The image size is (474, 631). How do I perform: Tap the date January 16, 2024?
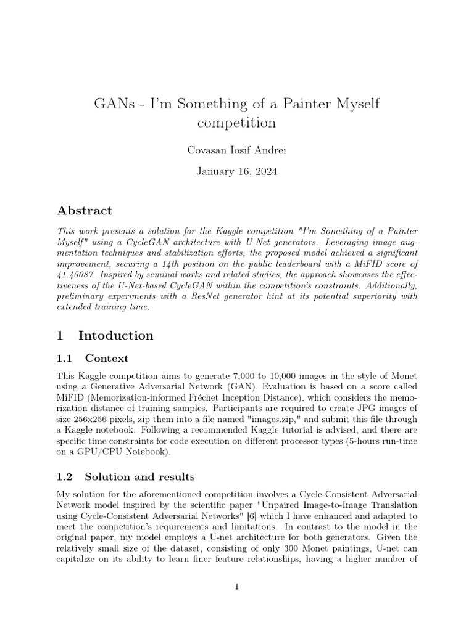[x=236, y=171]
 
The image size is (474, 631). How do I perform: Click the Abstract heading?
[x=85, y=211]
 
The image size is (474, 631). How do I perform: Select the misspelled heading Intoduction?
[x=116, y=336]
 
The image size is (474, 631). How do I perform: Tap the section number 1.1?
[x=65, y=358]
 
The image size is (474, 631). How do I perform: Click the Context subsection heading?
[x=107, y=358]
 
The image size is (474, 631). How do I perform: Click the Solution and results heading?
[x=139, y=476]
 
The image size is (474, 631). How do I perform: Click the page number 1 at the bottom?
[x=236, y=587]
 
